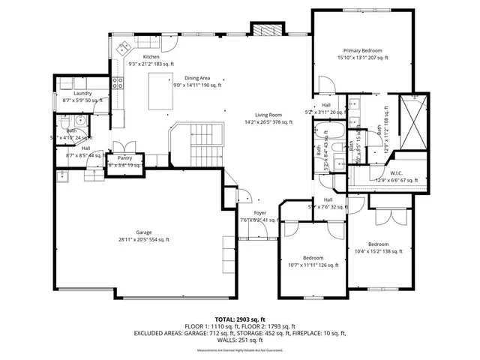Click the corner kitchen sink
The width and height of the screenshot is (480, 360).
[123, 49]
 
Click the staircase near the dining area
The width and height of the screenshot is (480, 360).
[202, 146]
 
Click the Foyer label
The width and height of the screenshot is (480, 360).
[260, 213]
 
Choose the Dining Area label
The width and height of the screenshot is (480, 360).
[196, 78]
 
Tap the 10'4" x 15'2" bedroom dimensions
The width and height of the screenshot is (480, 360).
[378, 251]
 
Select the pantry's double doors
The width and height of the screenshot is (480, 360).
[122, 146]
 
